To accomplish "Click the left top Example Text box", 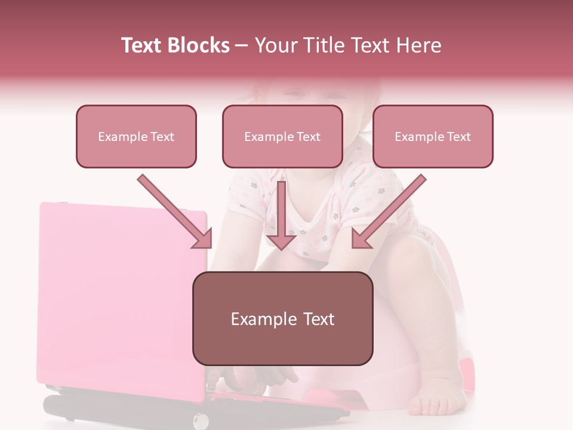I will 136,137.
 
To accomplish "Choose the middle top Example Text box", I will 282,137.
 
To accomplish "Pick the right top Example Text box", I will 433,137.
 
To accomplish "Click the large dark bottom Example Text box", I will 282,319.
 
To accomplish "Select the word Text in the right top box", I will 458,137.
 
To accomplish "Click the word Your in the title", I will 275,45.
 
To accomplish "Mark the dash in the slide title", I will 242,46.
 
